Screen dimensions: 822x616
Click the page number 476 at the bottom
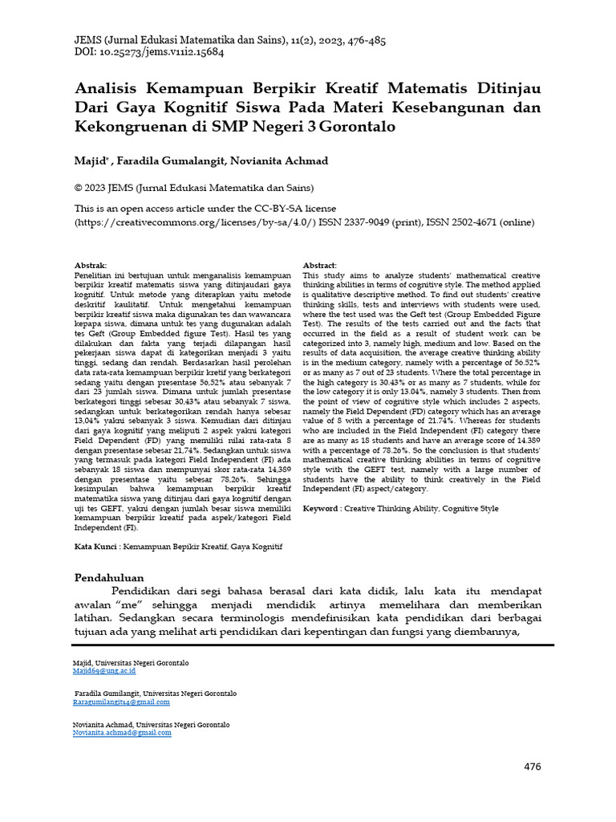(533, 767)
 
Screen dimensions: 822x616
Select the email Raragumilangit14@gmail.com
(121, 702)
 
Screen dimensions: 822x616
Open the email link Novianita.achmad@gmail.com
(122, 732)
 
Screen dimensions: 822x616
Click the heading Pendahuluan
(109, 577)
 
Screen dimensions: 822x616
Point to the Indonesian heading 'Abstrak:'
(90, 265)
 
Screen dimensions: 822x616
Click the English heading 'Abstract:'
(320, 265)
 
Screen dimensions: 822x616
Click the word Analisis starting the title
(107, 86)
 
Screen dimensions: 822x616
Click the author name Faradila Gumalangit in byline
(171, 161)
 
